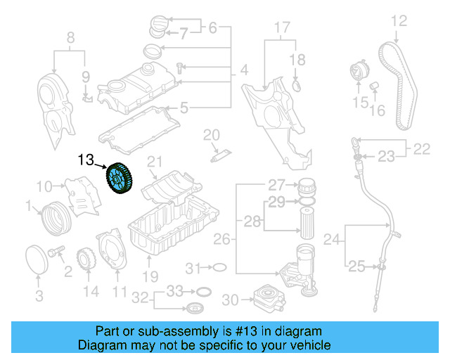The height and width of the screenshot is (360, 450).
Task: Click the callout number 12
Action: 399,20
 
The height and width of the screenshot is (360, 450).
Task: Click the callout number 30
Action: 230,300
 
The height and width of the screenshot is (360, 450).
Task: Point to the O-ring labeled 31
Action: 219,267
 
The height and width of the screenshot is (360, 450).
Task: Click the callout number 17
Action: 281,29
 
